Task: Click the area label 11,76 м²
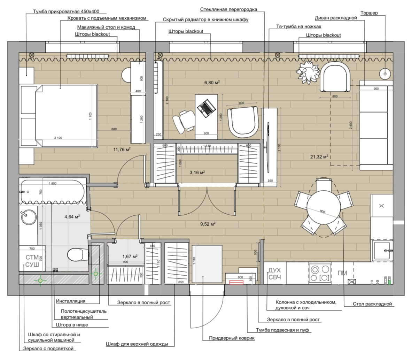(122, 150)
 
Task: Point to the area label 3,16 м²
(197, 172)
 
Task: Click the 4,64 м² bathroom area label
(72, 216)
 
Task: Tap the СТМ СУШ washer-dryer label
(32, 261)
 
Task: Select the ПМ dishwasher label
(342, 273)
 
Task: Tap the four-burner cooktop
(320, 273)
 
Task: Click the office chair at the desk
(183, 121)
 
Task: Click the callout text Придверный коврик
(232, 338)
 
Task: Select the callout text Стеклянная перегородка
(228, 9)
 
